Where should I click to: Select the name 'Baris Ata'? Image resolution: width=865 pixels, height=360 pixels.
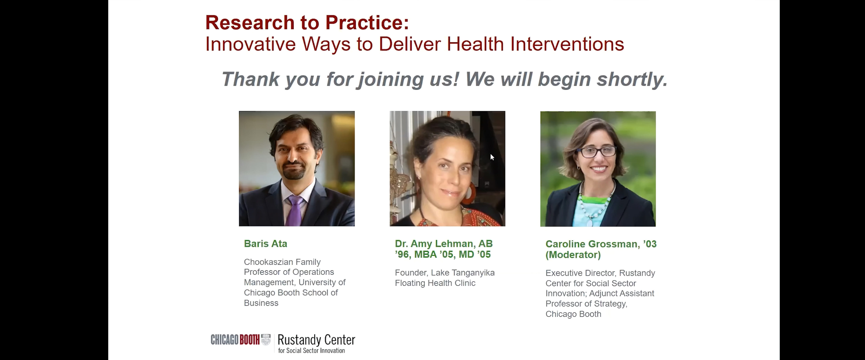click(x=265, y=244)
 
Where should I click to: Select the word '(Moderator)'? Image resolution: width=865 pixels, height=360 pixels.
click(x=573, y=255)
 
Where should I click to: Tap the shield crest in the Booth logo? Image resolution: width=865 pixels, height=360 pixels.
click(x=266, y=340)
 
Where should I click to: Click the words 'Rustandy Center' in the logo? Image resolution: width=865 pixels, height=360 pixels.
click(x=316, y=340)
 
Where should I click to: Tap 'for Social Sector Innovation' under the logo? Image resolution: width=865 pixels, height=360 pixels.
click(x=311, y=351)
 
